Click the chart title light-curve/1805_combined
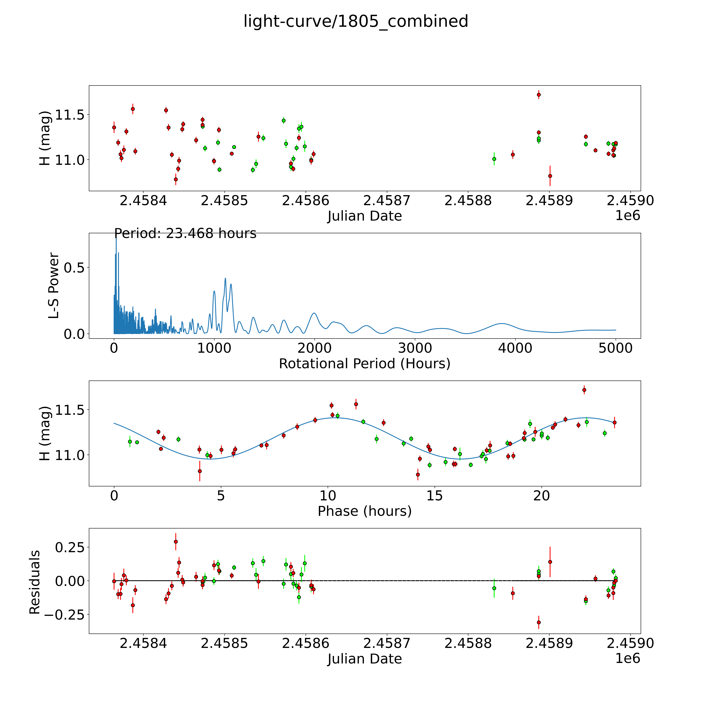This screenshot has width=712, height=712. click(356, 21)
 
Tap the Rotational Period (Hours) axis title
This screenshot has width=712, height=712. click(364, 364)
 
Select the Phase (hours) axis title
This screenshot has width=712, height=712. click(364, 511)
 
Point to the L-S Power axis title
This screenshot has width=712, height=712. click(54, 286)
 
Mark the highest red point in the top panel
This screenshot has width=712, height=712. click(539, 95)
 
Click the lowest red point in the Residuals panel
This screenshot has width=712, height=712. click(539, 622)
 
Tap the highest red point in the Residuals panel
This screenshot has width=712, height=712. click(176, 542)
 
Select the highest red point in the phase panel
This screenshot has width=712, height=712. click(584, 390)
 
